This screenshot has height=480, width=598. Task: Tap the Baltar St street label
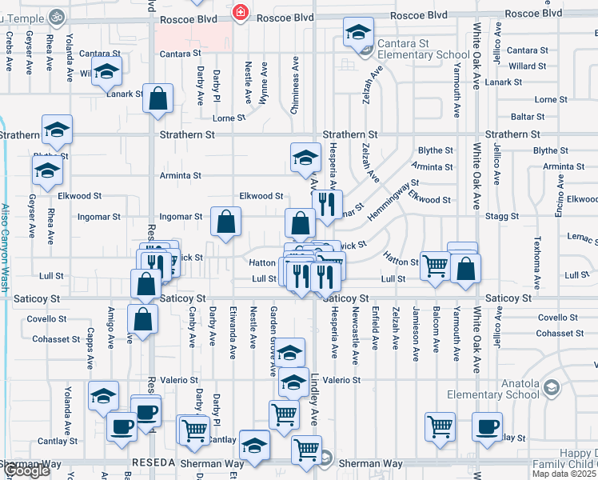tap(528, 117)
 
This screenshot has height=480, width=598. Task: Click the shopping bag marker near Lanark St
tap(159, 99)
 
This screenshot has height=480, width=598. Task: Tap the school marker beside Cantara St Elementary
tap(359, 33)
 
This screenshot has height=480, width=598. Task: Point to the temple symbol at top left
tap(56, 14)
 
